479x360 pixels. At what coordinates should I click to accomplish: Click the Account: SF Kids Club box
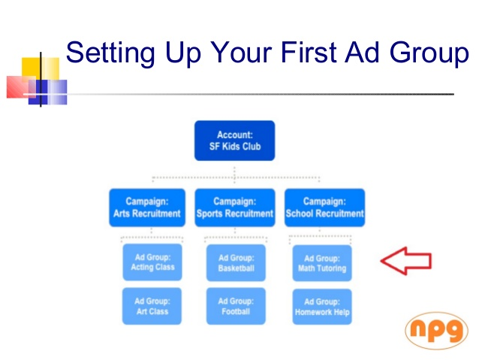[234, 141]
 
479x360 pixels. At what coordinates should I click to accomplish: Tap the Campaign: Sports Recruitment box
[234, 207]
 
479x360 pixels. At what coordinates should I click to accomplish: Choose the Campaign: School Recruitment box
[324, 207]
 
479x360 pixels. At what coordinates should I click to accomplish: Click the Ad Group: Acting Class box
[152, 262]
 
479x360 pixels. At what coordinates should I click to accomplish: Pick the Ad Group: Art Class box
[152, 306]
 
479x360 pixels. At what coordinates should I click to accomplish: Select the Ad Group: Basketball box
[236, 262]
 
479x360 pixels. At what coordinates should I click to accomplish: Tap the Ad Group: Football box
[236, 306]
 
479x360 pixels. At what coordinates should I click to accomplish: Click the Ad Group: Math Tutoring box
[321, 263]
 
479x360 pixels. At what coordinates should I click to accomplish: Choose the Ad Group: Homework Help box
[321, 307]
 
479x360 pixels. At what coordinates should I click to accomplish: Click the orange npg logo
[436, 331]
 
